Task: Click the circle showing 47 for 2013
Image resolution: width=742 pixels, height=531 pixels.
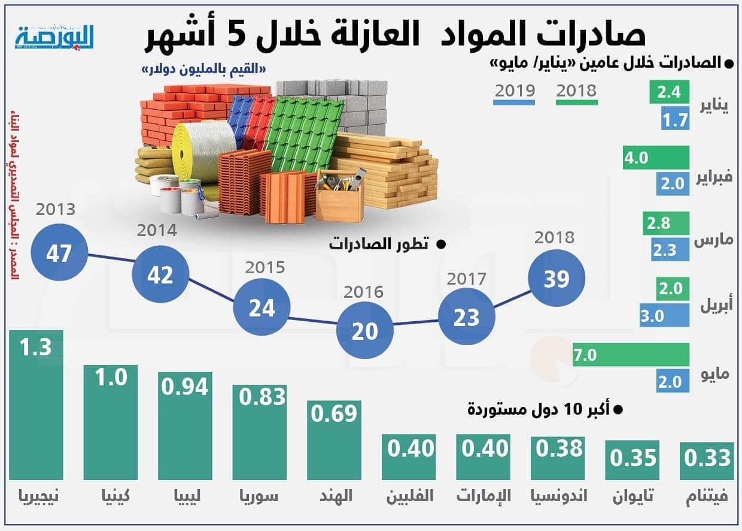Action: [59, 253]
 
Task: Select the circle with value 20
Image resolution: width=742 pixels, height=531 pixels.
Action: [365, 331]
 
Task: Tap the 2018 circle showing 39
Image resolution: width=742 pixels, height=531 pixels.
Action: [556, 279]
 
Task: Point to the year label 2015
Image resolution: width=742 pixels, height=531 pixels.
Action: [264, 267]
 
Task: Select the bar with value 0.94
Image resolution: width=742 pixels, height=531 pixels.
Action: [184, 426]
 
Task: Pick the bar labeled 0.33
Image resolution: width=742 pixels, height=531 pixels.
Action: [708, 461]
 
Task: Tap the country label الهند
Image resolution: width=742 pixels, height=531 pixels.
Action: [333, 496]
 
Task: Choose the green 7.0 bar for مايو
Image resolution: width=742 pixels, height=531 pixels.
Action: [630, 355]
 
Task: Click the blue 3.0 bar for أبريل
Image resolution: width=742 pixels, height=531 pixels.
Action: [664, 315]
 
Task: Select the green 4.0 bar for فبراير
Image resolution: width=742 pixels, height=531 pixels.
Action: [656, 158]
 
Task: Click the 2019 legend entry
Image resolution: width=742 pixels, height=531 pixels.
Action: [514, 91]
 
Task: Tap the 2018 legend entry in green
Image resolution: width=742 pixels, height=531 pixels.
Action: [576, 91]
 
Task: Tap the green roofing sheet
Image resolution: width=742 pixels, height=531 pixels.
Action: [305, 132]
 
